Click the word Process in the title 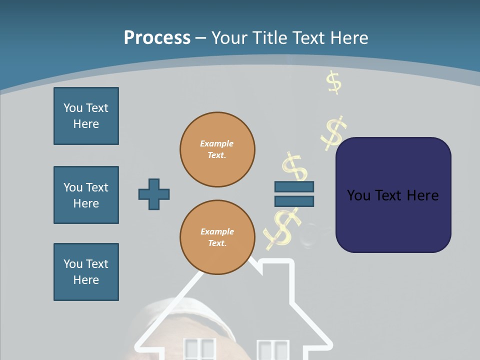point(157,38)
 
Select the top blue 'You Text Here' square point(86,116)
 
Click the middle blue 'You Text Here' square point(86,195)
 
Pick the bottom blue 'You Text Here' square point(86,272)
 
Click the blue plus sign point(154,194)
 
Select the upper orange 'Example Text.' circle point(217,149)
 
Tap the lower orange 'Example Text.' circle point(217,237)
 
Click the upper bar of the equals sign point(294,186)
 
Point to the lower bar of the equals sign point(294,201)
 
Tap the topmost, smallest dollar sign point(333,82)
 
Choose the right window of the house point(273,349)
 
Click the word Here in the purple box point(422,195)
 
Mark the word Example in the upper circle point(217,143)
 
